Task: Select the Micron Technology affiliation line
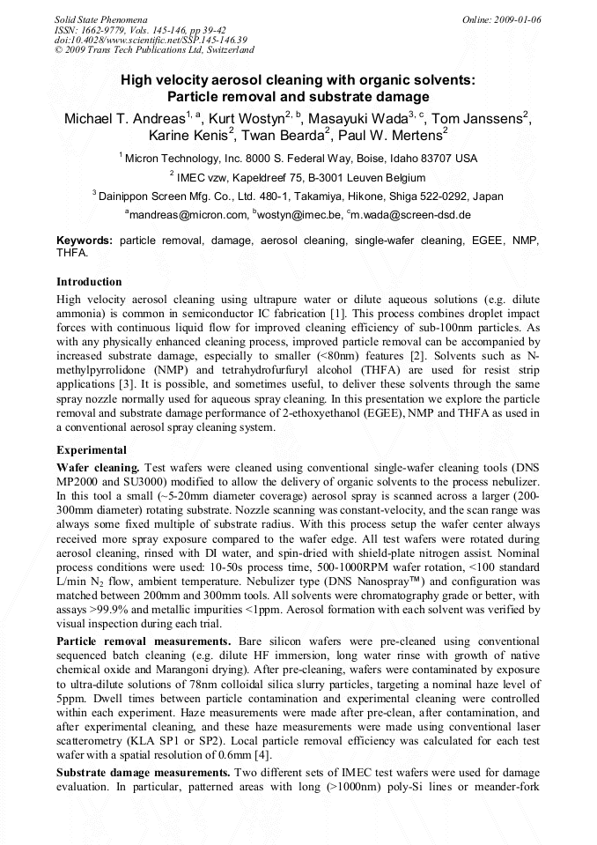[298, 159]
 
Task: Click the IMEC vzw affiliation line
[298, 177]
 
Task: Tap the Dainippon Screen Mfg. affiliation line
[298, 196]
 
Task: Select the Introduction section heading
[89, 282]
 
